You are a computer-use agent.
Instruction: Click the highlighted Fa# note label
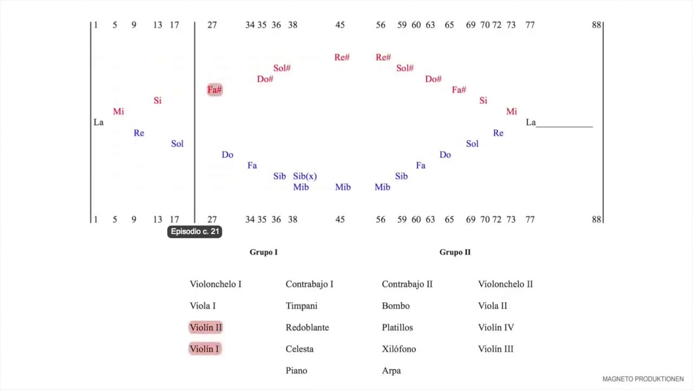click(215, 90)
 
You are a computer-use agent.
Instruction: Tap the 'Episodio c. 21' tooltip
click(194, 231)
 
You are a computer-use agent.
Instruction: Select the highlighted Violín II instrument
click(206, 327)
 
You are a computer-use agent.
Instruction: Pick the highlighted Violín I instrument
click(205, 349)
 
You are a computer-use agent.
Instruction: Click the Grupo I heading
click(264, 252)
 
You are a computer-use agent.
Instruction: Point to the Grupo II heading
click(455, 252)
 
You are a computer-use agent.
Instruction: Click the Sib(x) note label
click(305, 176)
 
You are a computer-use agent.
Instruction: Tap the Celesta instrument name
click(299, 349)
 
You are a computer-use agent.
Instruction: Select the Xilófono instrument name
click(399, 349)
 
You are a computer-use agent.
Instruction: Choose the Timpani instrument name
click(302, 306)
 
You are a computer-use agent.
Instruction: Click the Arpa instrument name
click(391, 370)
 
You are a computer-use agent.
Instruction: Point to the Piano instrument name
click(296, 370)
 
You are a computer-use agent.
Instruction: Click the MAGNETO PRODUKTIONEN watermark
click(643, 379)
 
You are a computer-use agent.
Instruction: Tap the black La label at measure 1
click(99, 122)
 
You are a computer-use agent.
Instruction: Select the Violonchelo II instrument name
click(505, 284)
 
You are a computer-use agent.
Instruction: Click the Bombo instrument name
click(396, 306)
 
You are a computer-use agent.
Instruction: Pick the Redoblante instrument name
click(307, 327)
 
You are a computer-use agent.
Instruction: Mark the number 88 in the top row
click(596, 25)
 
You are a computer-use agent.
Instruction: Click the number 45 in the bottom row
click(340, 219)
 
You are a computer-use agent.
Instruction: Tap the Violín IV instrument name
click(496, 327)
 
